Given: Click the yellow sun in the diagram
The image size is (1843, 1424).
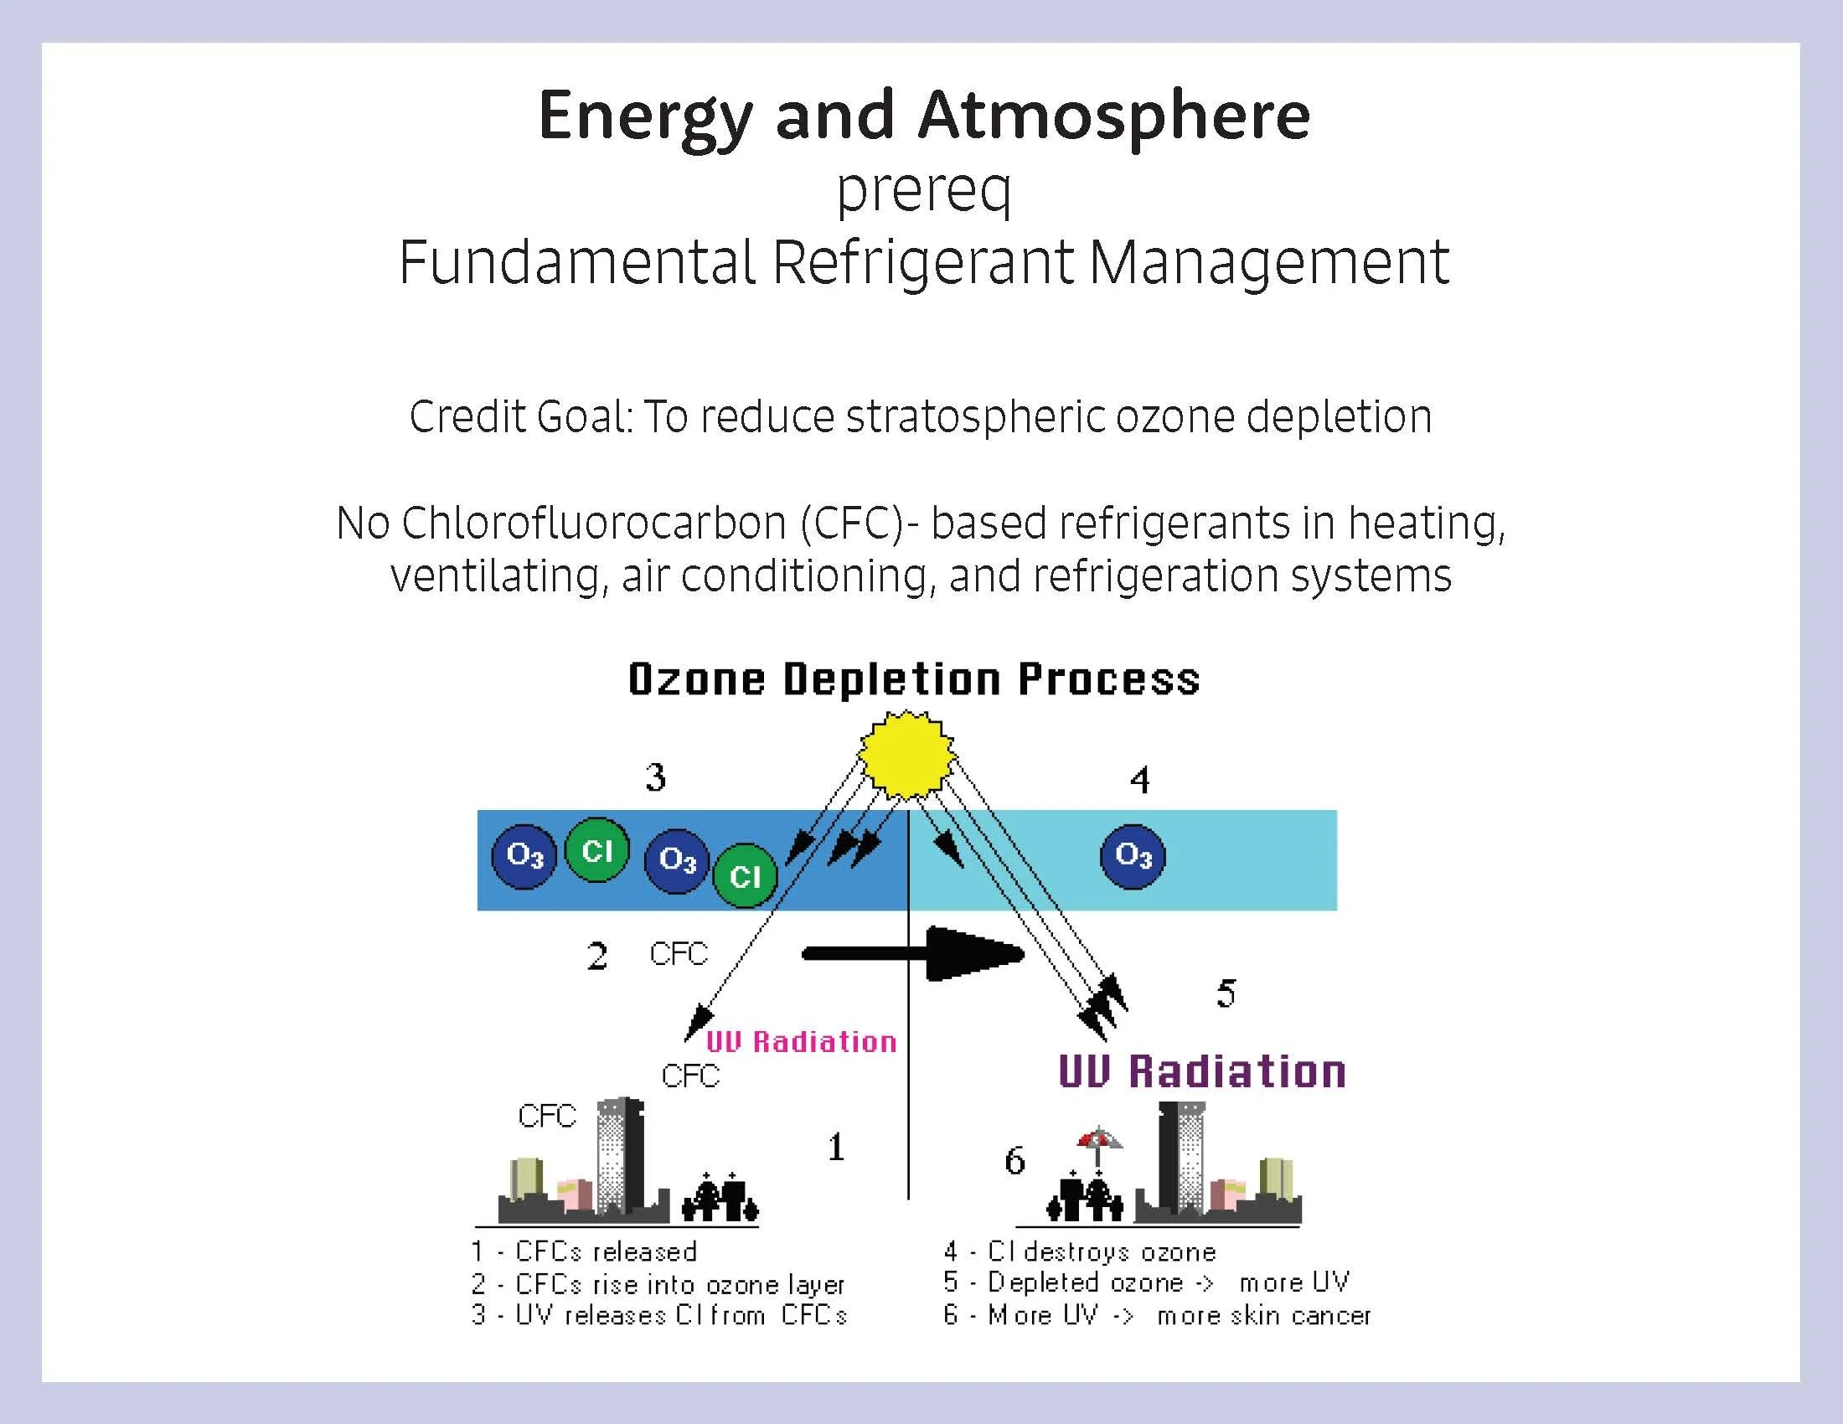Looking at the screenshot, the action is pyautogui.click(x=906, y=754).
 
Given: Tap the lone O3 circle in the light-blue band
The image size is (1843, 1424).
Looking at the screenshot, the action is pyautogui.click(x=1133, y=856).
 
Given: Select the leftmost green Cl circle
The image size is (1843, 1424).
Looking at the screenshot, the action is pyautogui.click(x=596, y=850).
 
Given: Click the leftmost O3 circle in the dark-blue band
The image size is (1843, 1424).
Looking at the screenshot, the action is pyautogui.click(x=524, y=856).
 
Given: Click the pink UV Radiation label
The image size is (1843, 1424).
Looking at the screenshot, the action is pyautogui.click(x=801, y=1042).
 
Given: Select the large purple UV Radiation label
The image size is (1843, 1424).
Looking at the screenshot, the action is pyautogui.click(x=1201, y=1071).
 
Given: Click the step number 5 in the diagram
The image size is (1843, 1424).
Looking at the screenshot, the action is pyautogui.click(x=1226, y=993).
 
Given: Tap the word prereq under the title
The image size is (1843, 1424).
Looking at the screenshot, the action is pyautogui.click(x=923, y=191).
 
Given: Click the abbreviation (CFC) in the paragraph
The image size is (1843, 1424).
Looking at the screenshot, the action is pyautogui.click(x=852, y=522).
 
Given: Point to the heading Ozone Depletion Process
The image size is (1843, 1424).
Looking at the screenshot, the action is pyautogui.click(x=914, y=679).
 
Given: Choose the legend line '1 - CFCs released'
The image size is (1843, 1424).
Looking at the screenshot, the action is pyautogui.click(x=584, y=1251).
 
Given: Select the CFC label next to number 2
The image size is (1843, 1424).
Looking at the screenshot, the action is pyautogui.click(x=679, y=954).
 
